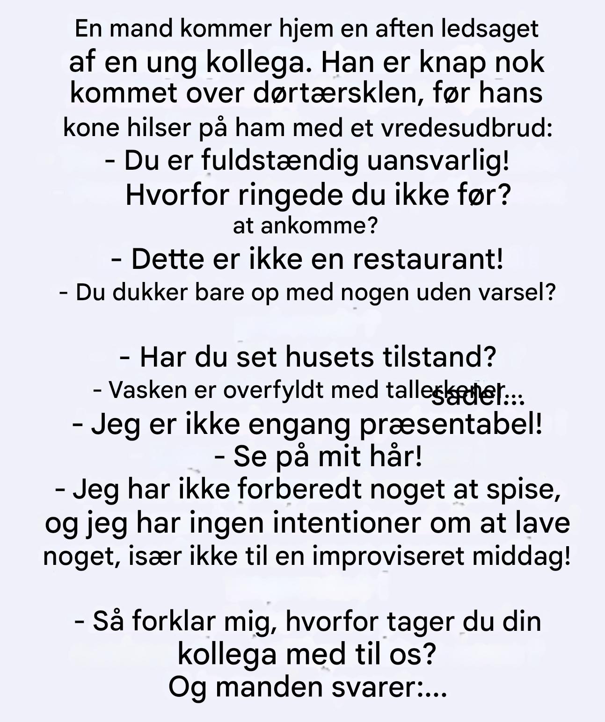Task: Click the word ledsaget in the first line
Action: (x=490, y=29)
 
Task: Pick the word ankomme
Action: (x=318, y=226)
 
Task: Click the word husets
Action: (x=329, y=357)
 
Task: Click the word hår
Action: (x=395, y=456)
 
